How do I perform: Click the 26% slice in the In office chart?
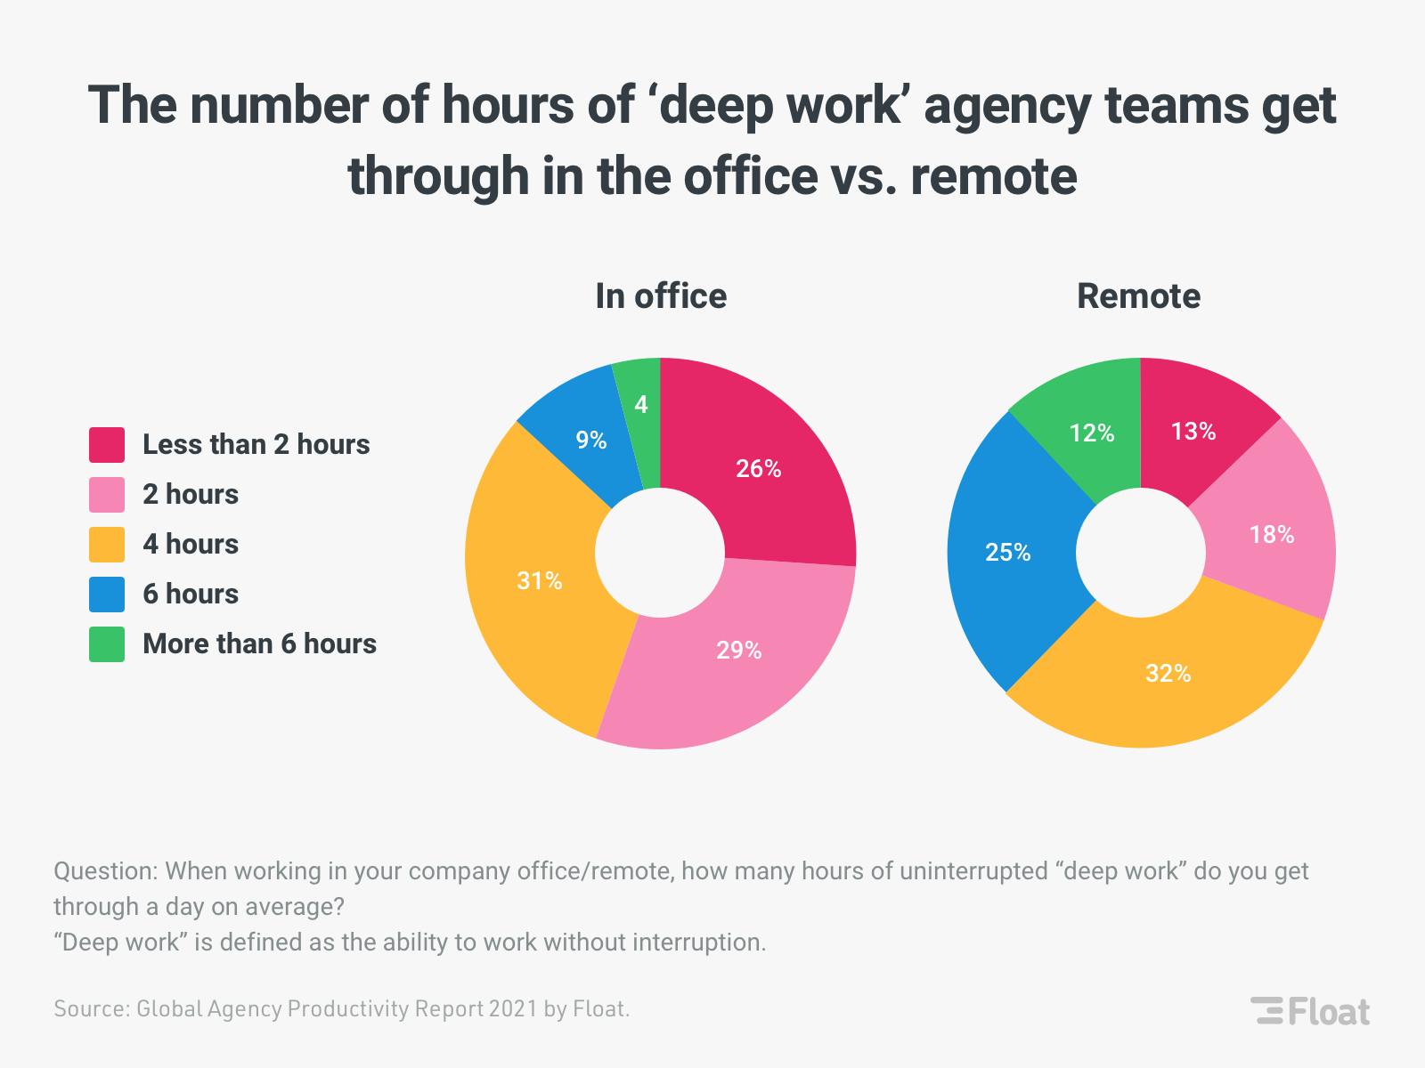pyautogui.click(x=759, y=469)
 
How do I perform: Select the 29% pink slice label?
pyautogui.click(x=739, y=651)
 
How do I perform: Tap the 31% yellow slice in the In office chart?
pyautogui.click(x=540, y=581)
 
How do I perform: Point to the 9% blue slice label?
pyautogui.click(x=590, y=440)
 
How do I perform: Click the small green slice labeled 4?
pyautogui.click(x=641, y=405)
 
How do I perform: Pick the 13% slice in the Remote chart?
pyautogui.click(x=1193, y=432)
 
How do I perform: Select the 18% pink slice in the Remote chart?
pyautogui.click(x=1272, y=535)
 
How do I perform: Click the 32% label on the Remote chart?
pyautogui.click(x=1168, y=674)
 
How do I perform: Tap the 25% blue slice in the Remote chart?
pyautogui.click(x=1008, y=553)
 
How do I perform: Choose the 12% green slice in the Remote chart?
pyautogui.click(x=1092, y=433)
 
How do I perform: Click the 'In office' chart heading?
pyautogui.click(x=661, y=296)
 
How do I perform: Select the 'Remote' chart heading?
pyautogui.click(x=1138, y=296)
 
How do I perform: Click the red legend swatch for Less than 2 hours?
pyautogui.click(x=107, y=445)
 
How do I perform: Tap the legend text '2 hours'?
pyautogui.click(x=191, y=495)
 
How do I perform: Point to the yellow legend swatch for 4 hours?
pyautogui.click(x=107, y=545)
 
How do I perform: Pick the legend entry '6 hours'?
pyautogui.click(x=191, y=595)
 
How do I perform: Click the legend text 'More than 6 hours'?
pyautogui.click(x=259, y=644)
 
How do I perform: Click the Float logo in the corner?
pyautogui.click(x=1310, y=1012)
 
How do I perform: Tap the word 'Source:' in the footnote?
pyautogui.click(x=91, y=1009)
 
